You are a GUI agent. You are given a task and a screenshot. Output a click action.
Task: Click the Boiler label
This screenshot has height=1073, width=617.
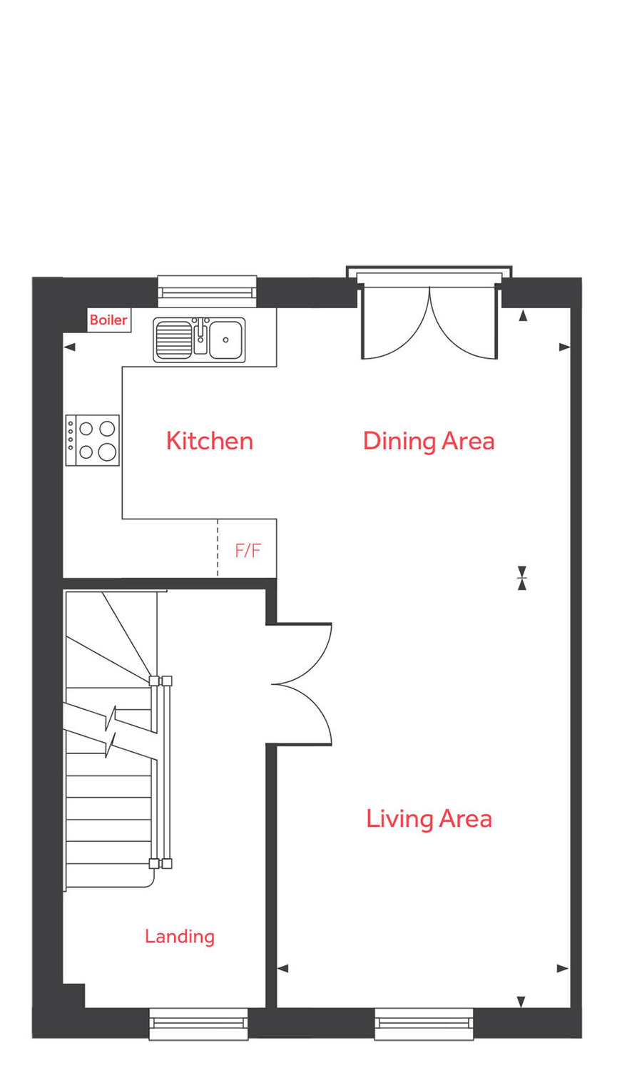click(x=108, y=320)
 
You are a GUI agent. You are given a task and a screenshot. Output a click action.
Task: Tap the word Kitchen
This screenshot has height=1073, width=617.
click(x=209, y=441)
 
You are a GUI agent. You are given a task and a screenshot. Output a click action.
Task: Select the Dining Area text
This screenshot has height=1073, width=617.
click(x=428, y=441)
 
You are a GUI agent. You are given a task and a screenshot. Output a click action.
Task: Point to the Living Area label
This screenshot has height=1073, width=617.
click(x=429, y=818)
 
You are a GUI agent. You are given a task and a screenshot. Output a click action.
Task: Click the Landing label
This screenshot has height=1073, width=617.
click(x=179, y=936)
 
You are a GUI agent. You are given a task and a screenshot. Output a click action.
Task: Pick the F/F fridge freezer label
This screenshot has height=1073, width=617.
click(x=248, y=550)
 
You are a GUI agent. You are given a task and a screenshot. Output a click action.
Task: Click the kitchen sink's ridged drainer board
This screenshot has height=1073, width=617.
click(x=173, y=340)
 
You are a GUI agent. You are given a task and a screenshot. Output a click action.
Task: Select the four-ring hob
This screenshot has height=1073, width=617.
click(x=93, y=440)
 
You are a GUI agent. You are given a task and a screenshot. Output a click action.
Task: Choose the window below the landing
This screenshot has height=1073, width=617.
click(x=198, y=1024)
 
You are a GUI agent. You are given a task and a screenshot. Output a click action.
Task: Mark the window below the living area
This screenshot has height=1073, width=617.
click(x=424, y=1024)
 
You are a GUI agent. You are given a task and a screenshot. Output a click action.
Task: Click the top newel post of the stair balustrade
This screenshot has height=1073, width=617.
click(x=160, y=681)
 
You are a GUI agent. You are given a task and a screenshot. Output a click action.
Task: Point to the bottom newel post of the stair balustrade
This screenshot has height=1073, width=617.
click(x=160, y=863)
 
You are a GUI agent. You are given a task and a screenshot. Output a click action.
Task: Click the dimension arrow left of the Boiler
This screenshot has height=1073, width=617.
click(x=69, y=347)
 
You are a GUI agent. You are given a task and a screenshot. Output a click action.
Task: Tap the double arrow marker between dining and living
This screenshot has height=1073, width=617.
click(x=522, y=578)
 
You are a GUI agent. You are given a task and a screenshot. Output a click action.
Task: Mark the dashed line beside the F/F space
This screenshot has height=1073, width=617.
click(x=218, y=548)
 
